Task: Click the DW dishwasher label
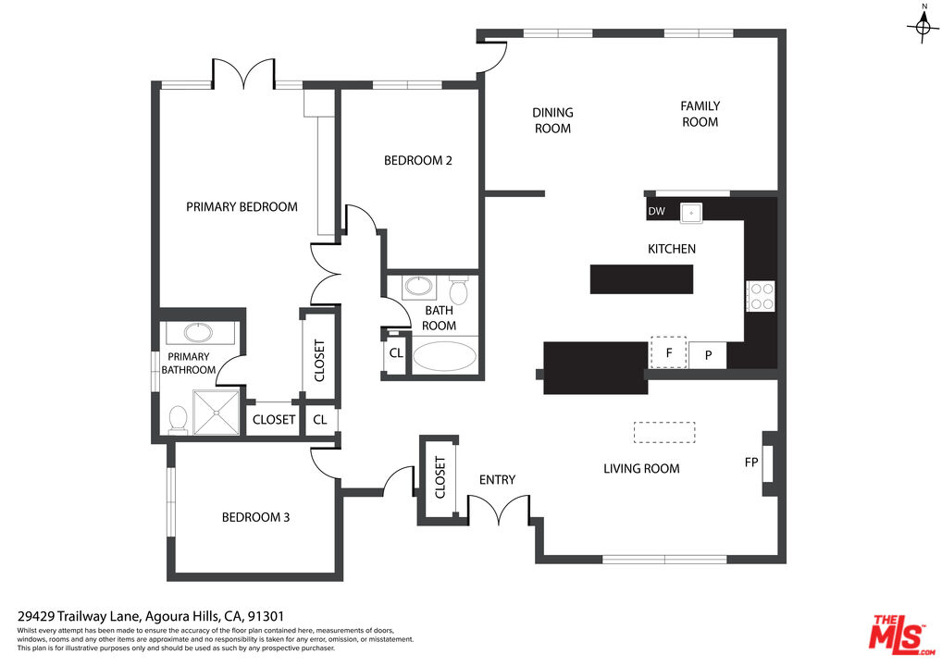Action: click(x=657, y=212)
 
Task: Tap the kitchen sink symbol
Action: click(x=691, y=213)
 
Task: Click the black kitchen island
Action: click(x=641, y=279)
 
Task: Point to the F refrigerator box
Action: click(x=669, y=352)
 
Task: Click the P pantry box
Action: click(x=708, y=355)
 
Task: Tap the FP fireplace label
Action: click(x=751, y=462)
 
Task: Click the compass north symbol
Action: click(x=924, y=25)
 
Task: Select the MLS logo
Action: click(x=901, y=633)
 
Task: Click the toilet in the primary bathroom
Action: click(x=179, y=420)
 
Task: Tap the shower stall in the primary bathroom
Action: click(x=217, y=412)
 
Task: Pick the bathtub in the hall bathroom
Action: click(x=444, y=357)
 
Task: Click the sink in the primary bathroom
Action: click(x=198, y=332)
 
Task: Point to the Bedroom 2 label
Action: click(x=418, y=160)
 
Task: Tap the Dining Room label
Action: click(x=552, y=120)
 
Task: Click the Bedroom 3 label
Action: click(x=256, y=517)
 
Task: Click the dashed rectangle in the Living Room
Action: click(x=664, y=432)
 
